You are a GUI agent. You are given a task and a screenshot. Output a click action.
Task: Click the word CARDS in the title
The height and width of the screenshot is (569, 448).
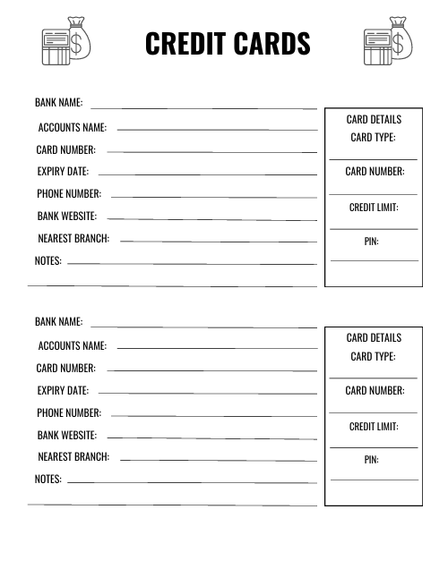click(x=269, y=44)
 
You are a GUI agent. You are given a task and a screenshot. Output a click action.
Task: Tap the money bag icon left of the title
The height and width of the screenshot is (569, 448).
click(x=67, y=40)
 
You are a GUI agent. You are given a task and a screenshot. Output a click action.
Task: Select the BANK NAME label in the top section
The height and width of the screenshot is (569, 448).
click(x=59, y=104)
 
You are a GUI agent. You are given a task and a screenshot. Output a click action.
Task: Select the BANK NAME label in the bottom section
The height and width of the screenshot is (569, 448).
click(x=59, y=322)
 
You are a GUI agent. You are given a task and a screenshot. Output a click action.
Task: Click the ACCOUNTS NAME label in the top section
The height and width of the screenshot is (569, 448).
click(x=72, y=128)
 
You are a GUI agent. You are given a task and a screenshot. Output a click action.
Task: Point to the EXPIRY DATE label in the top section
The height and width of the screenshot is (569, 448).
click(x=63, y=172)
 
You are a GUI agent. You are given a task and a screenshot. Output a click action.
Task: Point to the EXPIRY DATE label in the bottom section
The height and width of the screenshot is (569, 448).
click(x=63, y=391)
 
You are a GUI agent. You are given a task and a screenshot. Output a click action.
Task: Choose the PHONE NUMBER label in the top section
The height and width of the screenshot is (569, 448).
click(x=69, y=194)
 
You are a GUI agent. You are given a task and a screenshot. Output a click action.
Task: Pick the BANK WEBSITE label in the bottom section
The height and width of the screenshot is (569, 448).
click(x=67, y=436)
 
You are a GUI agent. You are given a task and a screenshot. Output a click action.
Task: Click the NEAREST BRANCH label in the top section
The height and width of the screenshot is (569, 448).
click(x=73, y=239)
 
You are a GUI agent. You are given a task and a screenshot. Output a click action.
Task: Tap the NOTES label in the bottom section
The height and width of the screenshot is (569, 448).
click(x=48, y=480)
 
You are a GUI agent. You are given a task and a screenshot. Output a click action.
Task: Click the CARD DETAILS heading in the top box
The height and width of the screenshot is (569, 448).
click(x=374, y=120)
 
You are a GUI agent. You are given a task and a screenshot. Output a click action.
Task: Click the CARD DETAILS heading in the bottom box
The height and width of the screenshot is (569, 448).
click(x=374, y=338)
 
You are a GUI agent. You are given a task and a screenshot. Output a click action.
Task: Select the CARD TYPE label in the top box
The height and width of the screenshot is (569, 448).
click(x=373, y=138)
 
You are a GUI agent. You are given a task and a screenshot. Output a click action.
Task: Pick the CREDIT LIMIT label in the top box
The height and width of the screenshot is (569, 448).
click(x=374, y=208)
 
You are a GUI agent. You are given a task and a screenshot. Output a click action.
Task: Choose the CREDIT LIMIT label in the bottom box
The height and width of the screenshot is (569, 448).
click(x=374, y=427)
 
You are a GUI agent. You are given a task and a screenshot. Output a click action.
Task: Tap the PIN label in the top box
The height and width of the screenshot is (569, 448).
click(x=371, y=242)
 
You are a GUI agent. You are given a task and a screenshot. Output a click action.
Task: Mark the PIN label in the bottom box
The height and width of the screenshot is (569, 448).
click(x=371, y=460)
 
